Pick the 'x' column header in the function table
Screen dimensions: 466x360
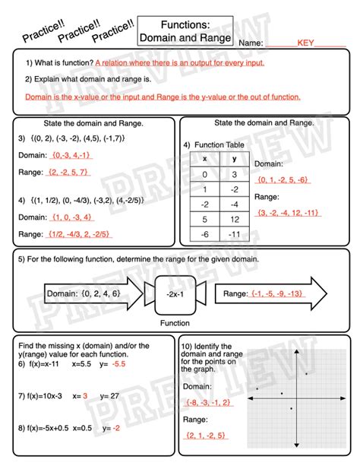(x=204, y=159)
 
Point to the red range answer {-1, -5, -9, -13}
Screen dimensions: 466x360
(x=271, y=293)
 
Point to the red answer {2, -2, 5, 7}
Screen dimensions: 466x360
(x=68, y=172)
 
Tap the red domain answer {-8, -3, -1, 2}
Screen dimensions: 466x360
(x=209, y=402)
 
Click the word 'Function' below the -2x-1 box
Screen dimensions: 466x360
(x=175, y=322)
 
